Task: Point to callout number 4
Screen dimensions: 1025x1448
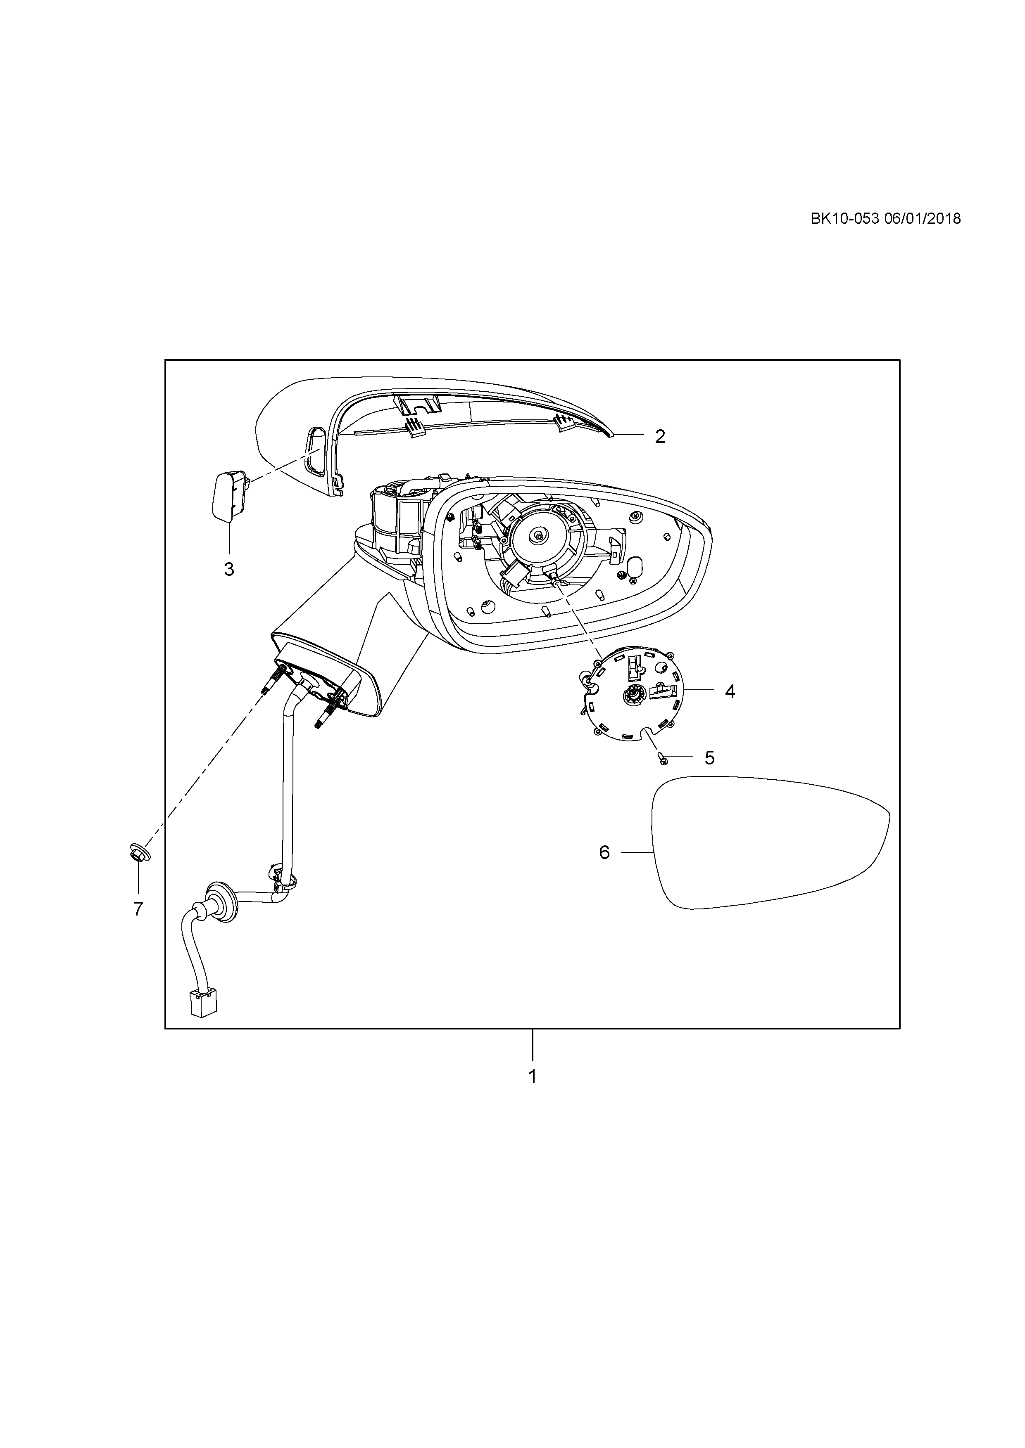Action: click(730, 691)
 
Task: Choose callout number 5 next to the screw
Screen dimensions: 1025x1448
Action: click(709, 758)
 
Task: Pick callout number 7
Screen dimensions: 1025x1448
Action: click(138, 909)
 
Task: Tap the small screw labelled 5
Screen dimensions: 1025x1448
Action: click(662, 759)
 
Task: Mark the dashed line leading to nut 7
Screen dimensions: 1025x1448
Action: click(202, 769)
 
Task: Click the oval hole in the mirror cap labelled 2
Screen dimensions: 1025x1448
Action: click(316, 450)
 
